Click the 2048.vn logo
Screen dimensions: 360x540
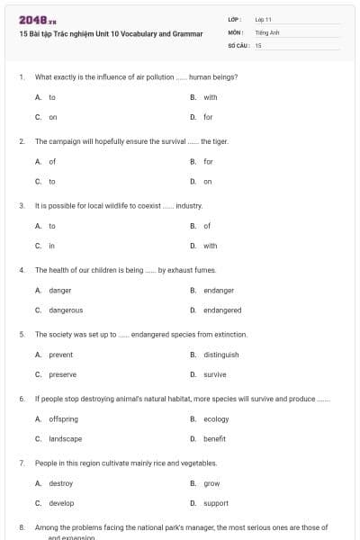(37, 20)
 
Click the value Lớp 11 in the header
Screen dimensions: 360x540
(264, 19)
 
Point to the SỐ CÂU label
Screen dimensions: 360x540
(238, 44)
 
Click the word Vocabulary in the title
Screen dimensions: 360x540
(135, 33)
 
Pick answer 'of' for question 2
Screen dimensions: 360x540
(52, 162)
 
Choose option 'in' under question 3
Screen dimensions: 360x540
(51, 246)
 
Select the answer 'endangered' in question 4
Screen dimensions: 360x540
(221, 310)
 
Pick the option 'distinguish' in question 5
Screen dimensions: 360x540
(220, 355)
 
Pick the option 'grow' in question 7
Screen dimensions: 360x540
(211, 483)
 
